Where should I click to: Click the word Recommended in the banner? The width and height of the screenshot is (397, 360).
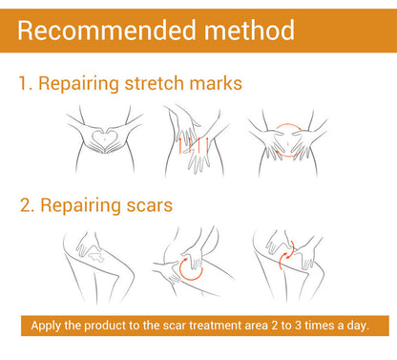(x=107, y=31)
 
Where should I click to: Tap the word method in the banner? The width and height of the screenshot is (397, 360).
(x=249, y=31)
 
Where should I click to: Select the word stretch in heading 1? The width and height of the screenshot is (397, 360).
(x=154, y=83)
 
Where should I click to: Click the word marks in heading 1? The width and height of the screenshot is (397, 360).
(x=216, y=83)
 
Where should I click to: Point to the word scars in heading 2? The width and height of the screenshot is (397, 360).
(x=150, y=205)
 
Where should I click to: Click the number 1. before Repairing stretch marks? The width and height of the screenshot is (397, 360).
(x=26, y=83)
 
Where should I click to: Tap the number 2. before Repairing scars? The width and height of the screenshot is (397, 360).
(x=27, y=205)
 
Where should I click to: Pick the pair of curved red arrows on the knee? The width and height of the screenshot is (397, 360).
(x=286, y=255)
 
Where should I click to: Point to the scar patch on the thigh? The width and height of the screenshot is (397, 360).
(x=95, y=257)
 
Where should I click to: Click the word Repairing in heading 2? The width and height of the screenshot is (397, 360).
(x=80, y=206)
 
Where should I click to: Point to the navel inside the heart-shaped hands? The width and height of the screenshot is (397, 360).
(x=105, y=138)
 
